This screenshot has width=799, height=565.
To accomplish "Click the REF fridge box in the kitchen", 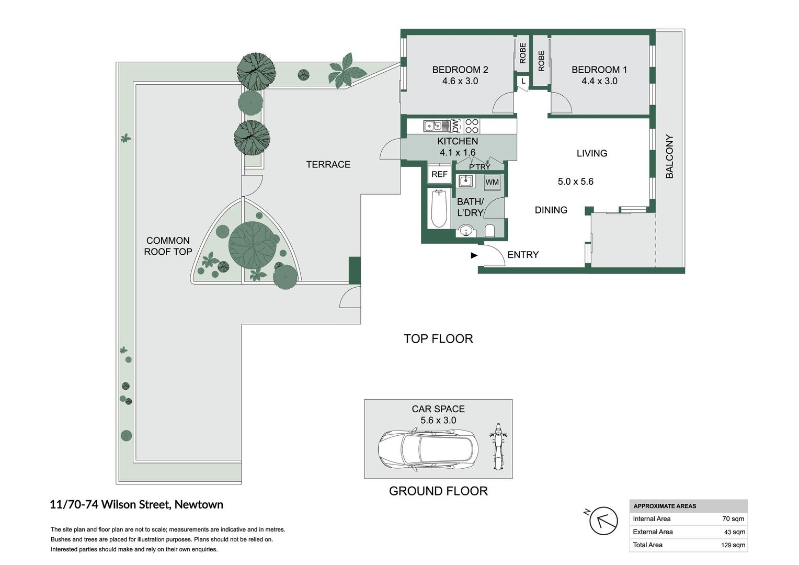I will click(x=439, y=174).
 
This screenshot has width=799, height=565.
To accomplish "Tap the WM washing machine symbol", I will click(x=492, y=182).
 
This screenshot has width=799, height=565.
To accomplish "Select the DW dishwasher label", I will click(x=455, y=126).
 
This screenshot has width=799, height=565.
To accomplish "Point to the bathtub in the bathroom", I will click(x=438, y=208).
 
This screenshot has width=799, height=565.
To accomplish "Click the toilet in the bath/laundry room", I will click(x=490, y=231).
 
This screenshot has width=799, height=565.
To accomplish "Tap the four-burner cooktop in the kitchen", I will click(x=472, y=126).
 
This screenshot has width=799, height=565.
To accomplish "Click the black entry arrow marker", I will click(x=474, y=255).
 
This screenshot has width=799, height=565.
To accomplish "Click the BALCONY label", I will click(x=669, y=157).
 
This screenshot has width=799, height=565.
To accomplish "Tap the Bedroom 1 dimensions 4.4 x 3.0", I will click(x=599, y=81).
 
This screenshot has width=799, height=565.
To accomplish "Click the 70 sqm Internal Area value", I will click(x=733, y=519).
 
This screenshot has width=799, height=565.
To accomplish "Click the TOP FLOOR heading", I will click(x=438, y=339).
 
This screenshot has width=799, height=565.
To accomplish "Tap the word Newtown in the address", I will click(x=199, y=505).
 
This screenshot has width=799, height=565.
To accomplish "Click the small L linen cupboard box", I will click(x=523, y=81).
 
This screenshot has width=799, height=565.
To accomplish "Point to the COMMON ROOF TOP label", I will click(x=168, y=246).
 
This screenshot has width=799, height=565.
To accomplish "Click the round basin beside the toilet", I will click(x=465, y=230).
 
